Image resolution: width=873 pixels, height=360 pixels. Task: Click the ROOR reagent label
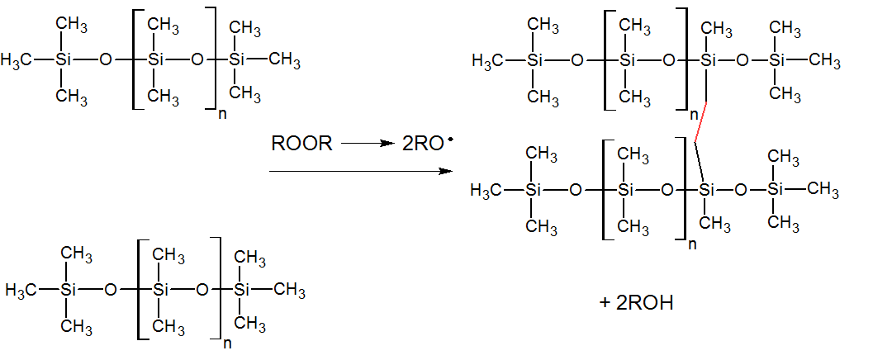coord(301,144)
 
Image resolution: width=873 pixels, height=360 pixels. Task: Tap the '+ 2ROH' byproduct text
coord(637,302)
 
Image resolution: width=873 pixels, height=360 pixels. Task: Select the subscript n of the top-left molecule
coord(221,114)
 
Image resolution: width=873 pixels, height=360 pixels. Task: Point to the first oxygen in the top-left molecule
coord(104,60)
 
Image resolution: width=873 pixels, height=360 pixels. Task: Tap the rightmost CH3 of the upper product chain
coord(825,61)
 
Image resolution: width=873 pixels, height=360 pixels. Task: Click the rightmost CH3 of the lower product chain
coord(823,190)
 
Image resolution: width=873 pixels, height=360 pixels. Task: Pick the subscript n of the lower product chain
coord(694,244)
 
